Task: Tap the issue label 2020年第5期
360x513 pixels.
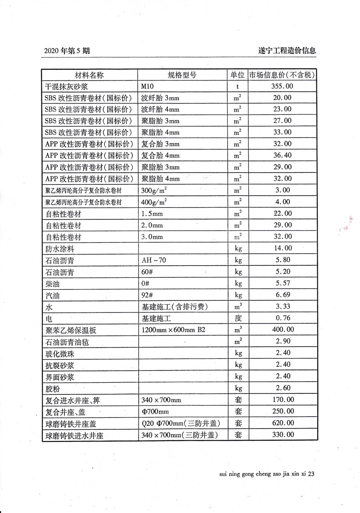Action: [x=67, y=51]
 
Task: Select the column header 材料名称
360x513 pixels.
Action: [x=89, y=75]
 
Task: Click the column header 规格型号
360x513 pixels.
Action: [x=182, y=75]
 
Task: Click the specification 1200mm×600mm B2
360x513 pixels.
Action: [x=173, y=330]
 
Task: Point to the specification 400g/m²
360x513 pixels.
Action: [x=154, y=202]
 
